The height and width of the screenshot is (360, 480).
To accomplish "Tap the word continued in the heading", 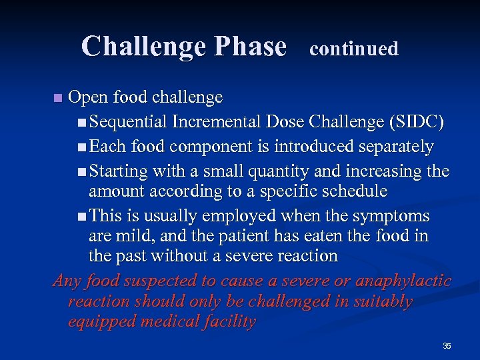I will click(354, 49).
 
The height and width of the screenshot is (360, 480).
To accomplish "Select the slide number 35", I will click(447, 346).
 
